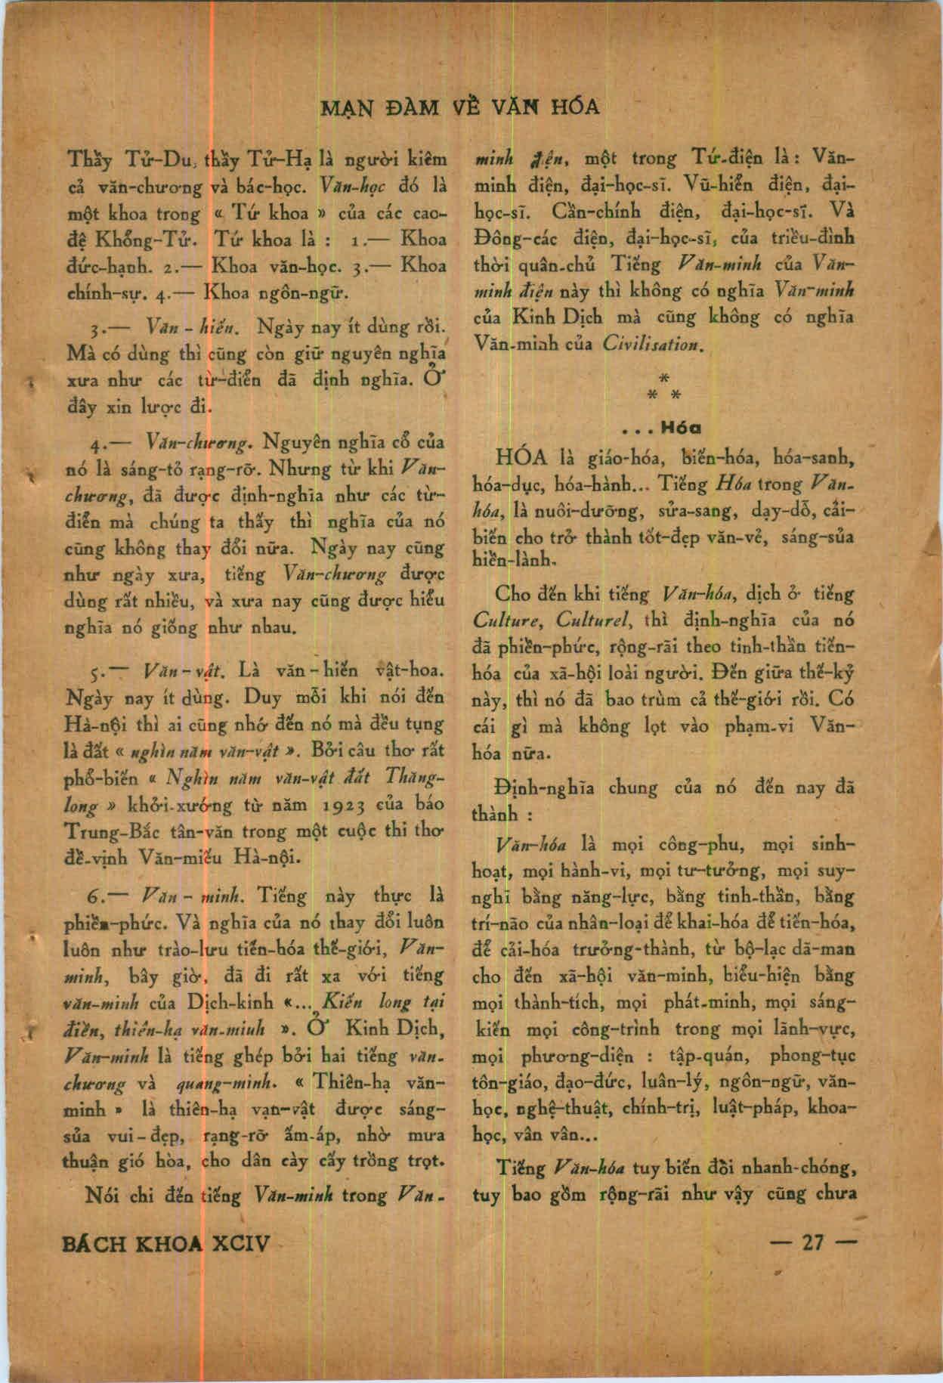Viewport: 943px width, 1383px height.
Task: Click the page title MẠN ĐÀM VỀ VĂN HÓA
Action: click(x=461, y=107)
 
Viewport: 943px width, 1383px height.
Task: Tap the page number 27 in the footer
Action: click(x=813, y=1243)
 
